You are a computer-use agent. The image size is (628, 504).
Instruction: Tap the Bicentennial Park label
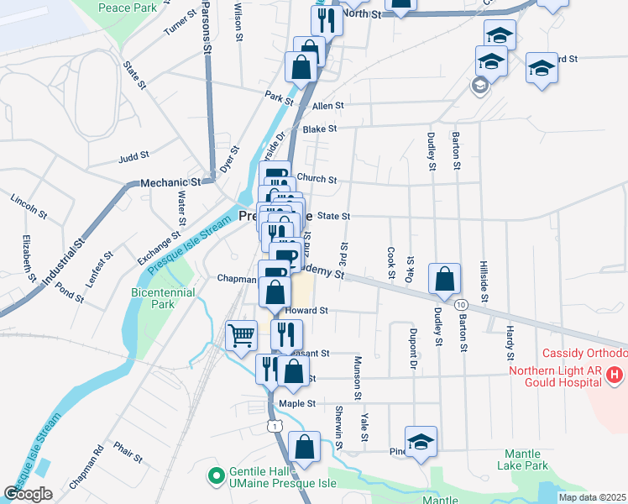pyautogui.click(x=163, y=298)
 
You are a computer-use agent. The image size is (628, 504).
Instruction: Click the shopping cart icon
pyautogui.click(x=242, y=335)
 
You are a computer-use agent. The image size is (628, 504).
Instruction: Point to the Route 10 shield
pyautogui.click(x=461, y=304)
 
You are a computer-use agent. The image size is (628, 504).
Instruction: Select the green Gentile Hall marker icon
pyautogui.click(x=217, y=476)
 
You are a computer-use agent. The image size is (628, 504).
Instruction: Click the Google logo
pyautogui.click(x=27, y=493)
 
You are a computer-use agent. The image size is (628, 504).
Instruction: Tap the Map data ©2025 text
pyautogui.click(x=591, y=497)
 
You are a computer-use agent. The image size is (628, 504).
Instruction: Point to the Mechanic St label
pyautogui.click(x=171, y=181)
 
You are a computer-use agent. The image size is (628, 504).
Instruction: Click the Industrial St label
pyautogui.click(x=65, y=262)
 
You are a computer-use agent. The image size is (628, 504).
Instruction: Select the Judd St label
pyautogui.click(x=133, y=155)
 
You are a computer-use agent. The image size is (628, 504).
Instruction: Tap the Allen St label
pyautogui.click(x=328, y=106)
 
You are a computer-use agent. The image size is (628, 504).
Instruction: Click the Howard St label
pyautogui.click(x=305, y=310)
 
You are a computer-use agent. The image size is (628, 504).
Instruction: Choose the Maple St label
pyautogui.click(x=296, y=403)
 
